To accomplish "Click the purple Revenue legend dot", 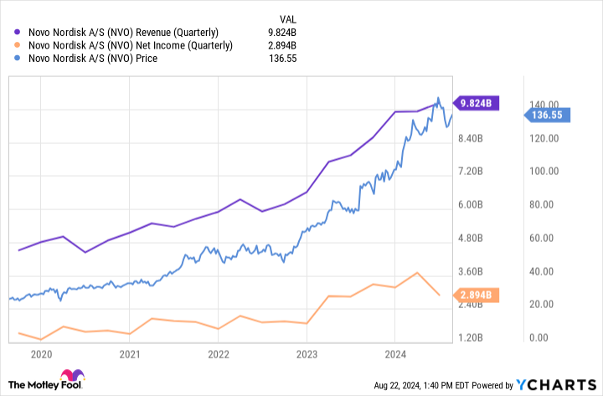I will pos(18,33).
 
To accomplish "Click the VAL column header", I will pos(287,18).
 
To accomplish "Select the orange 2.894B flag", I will pos(477,296).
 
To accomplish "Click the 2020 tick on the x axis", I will pos(40,353).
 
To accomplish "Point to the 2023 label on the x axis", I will pos(307,353).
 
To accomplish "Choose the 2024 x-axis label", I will pos(395,353).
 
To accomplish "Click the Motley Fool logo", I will pos(50,382).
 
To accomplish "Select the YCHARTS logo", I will pos(556,385).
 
